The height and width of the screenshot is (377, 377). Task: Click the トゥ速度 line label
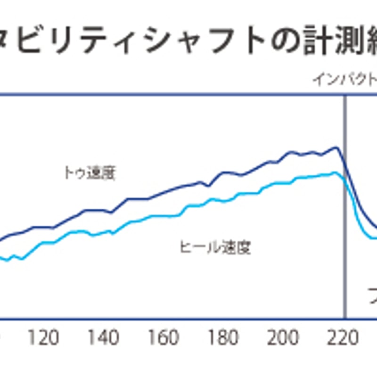point(89,173)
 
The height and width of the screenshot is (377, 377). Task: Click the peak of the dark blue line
point(336,148)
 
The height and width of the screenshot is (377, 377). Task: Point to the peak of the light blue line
point(335,173)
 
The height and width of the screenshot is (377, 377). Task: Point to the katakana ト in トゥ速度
point(68,173)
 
